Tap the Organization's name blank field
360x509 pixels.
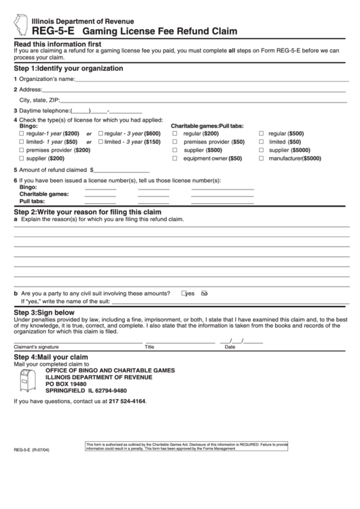click(x=211, y=80)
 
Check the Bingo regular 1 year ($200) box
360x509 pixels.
click(x=21, y=133)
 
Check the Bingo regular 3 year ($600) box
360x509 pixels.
click(x=101, y=133)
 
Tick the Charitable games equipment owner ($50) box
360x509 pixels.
click(x=175, y=158)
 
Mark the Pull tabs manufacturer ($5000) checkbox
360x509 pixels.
click(x=261, y=158)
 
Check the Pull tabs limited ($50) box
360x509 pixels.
click(x=261, y=142)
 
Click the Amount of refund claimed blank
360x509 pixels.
click(x=120, y=170)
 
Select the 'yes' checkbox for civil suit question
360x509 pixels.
click(x=183, y=294)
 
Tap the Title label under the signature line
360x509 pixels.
click(x=149, y=347)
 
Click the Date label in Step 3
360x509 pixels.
click(x=230, y=347)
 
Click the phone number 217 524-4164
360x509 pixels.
click(x=127, y=401)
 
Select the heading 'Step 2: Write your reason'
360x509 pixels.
click(x=77, y=212)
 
